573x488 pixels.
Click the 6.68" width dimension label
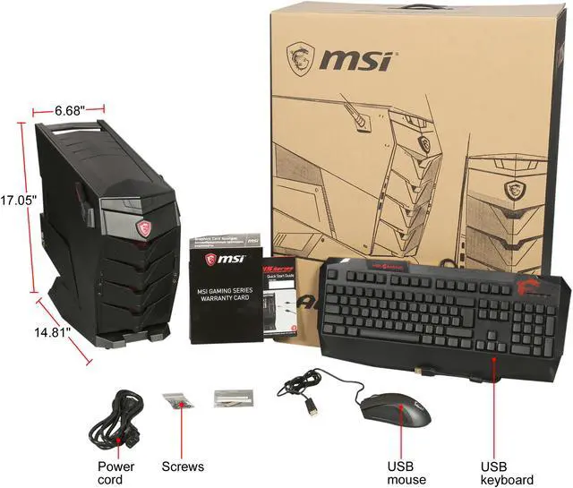(69, 110)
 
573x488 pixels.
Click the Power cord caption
(116, 472)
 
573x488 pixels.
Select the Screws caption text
(183, 467)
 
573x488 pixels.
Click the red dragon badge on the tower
(143, 227)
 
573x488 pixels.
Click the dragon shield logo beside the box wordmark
(300, 60)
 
